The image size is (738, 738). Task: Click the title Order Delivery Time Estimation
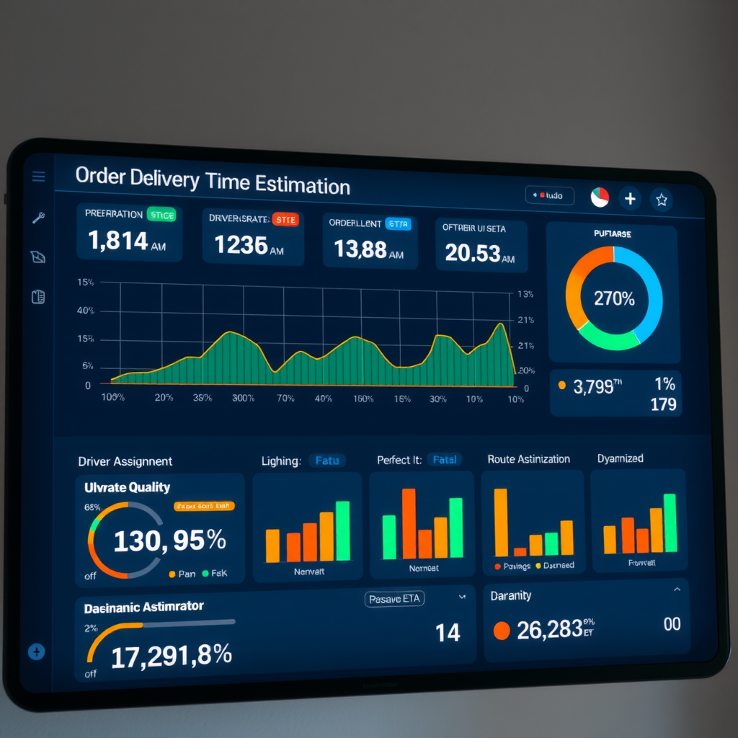212,181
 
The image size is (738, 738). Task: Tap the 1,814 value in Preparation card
118,241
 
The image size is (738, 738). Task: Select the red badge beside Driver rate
285,220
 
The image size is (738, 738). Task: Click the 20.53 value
472,252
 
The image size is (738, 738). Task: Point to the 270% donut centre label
614,298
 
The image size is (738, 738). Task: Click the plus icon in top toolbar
630,198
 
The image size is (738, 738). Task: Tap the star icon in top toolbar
661,200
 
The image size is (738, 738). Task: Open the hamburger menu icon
39,177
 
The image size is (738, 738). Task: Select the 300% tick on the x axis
243,398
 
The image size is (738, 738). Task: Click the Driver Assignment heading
125,461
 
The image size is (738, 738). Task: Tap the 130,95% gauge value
169,540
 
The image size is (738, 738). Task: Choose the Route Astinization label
528,459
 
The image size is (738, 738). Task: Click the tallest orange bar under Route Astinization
500,523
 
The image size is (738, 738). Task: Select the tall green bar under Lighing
343,530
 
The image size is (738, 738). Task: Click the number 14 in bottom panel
448,633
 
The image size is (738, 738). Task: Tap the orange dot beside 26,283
501,631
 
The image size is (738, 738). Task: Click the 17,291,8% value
172,654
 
